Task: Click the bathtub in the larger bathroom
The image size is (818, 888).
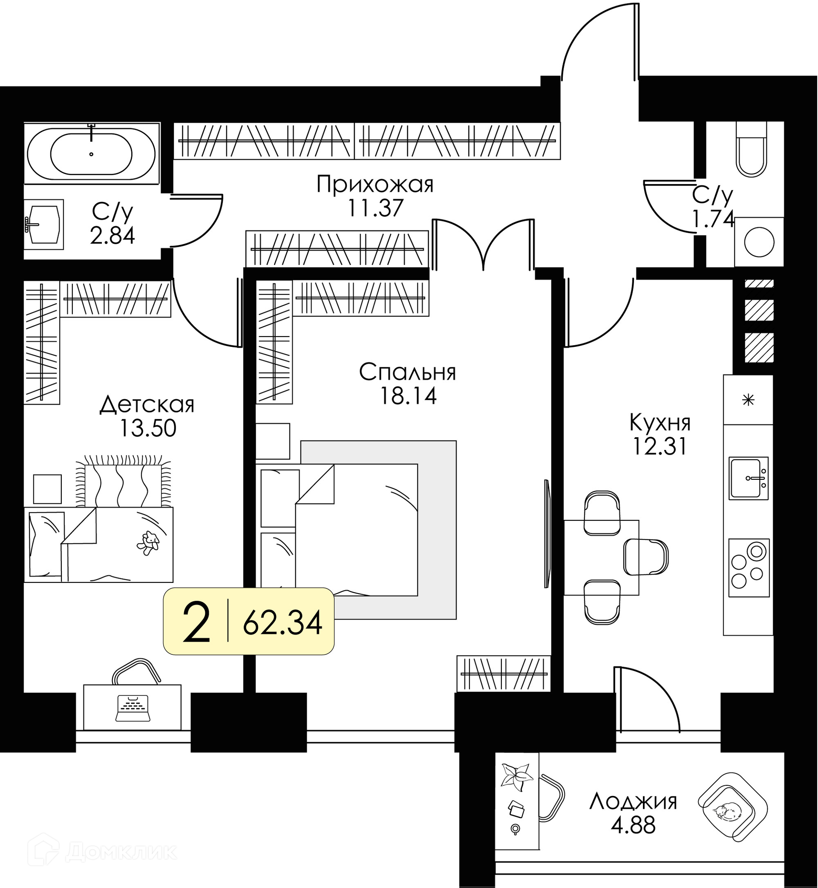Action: [x=91, y=153]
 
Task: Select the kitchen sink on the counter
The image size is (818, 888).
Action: [x=749, y=478]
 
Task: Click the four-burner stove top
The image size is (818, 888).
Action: [x=749, y=568]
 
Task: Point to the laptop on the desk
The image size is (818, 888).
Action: [x=132, y=708]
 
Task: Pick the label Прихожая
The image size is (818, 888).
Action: [x=375, y=185]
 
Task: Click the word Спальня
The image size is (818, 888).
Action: [x=407, y=373]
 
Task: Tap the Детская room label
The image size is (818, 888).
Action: [x=147, y=405]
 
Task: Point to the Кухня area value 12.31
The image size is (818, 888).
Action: [x=660, y=447]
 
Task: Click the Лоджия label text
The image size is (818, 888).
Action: [x=634, y=802]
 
